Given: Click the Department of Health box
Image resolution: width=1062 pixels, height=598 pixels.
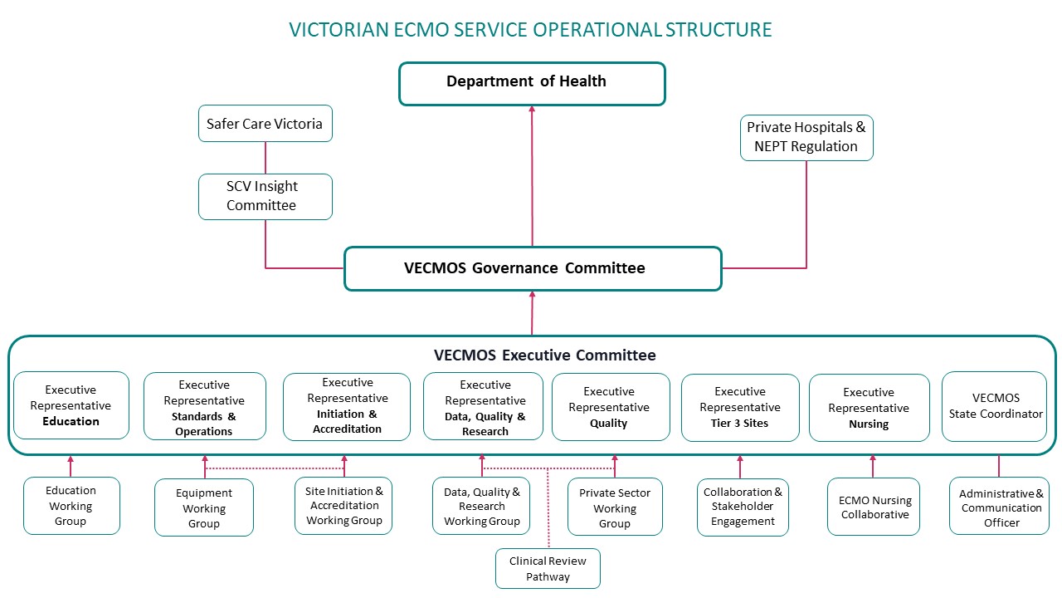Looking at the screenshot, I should [x=532, y=83].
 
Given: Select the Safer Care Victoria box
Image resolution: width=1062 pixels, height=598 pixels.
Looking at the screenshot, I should [x=265, y=124].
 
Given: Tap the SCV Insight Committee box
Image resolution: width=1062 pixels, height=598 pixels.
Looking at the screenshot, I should [x=265, y=196].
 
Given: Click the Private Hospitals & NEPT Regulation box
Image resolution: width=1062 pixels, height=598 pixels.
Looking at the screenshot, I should [x=806, y=137].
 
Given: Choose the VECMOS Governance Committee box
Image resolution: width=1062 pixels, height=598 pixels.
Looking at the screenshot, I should [x=532, y=268].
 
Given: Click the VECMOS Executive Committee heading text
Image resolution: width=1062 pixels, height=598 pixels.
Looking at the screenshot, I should [x=544, y=355].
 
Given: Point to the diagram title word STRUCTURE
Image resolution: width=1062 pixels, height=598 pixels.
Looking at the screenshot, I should [x=718, y=30].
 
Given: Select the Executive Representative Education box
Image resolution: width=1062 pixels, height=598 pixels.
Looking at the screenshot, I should [x=71, y=405].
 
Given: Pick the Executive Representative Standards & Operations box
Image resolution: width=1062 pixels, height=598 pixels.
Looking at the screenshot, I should [x=204, y=407].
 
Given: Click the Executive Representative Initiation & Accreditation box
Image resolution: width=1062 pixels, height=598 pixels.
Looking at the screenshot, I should [x=347, y=406].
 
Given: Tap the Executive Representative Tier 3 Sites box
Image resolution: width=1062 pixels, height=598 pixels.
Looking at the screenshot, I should [x=740, y=407].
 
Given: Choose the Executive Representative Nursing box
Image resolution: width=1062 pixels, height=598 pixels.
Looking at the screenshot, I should [x=869, y=408].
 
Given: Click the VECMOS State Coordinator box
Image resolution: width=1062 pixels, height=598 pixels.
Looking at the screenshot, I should [x=995, y=406].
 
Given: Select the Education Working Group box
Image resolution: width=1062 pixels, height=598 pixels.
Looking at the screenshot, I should [x=71, y=506].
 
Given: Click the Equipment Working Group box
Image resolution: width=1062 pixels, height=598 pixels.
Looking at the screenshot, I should [x=204, y=507].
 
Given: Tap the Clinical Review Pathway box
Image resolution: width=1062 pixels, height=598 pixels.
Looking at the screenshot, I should [x=548, y=569].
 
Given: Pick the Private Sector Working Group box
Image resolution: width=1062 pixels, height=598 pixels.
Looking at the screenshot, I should [x=615, y=507].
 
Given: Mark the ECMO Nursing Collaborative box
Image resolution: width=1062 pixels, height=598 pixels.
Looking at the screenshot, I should [x=874, y=507].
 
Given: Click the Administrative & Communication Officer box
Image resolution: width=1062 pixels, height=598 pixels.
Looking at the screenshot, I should [x=1001, y=507].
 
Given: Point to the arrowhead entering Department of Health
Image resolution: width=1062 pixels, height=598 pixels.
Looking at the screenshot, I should [x=532, y=110].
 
